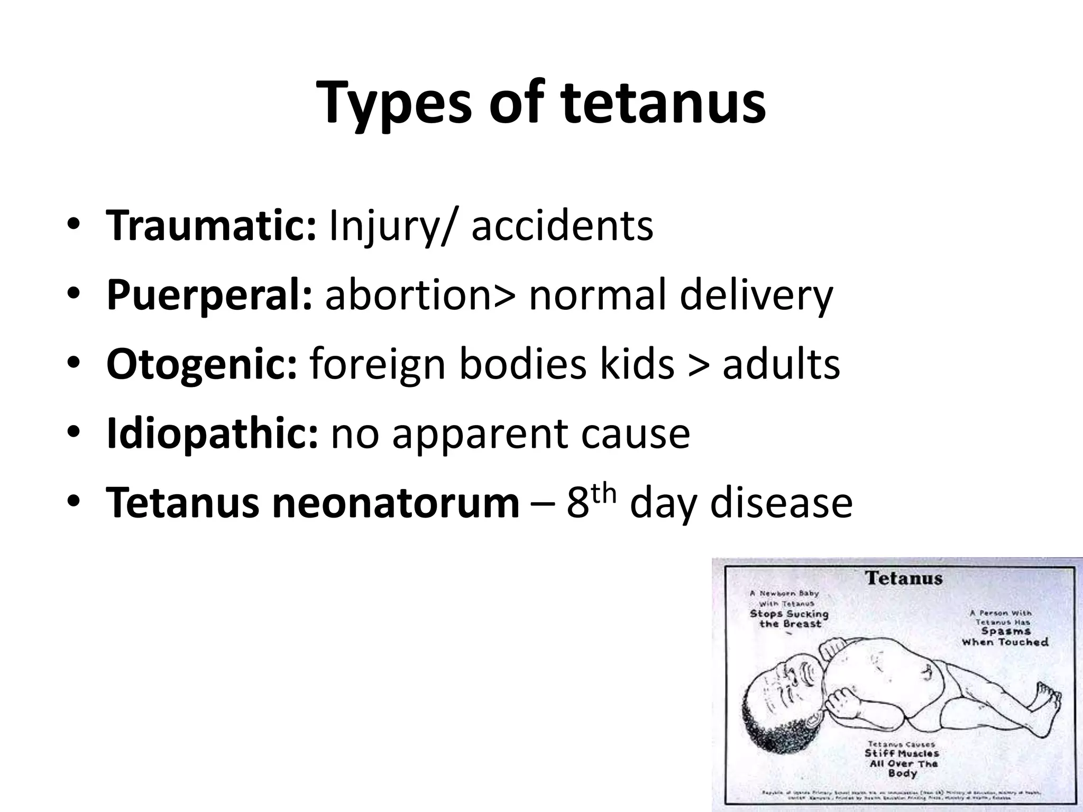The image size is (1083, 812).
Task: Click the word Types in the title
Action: (x=393, y=104)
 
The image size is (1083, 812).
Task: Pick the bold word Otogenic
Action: (x=201, y=364)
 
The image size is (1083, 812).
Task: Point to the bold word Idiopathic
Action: (x=212, y=433)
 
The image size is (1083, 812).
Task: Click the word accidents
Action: (x=562, y=226)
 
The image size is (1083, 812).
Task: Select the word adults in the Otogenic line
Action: (x=781, y=364)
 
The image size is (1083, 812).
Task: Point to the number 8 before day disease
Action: (x=577, y=504)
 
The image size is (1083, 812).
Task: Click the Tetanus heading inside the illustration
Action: (x=904, y=578)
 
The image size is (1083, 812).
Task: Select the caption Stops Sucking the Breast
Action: (x=790, y=619)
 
